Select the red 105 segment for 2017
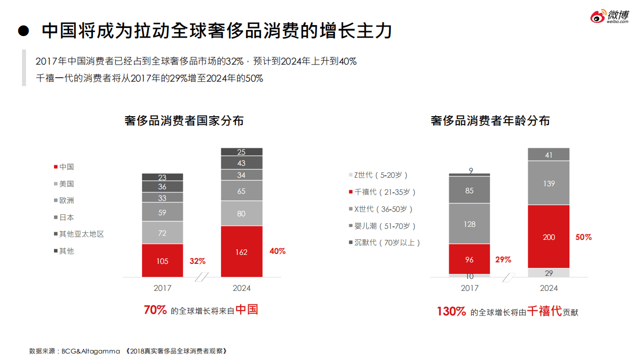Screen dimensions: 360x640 [163, 261]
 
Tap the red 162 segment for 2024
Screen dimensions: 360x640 [242, 252]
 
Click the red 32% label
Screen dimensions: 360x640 [197, 261]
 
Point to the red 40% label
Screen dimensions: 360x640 [277, 251]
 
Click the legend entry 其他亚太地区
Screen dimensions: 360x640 [81, 234]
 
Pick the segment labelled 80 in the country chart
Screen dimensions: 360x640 [242, 213]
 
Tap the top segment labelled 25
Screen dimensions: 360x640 [242, 152]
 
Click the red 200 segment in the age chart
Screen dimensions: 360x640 [549, 237]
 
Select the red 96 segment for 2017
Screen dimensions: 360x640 [469, 259]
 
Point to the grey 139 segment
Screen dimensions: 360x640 [549, 183]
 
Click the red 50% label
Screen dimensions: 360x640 [583, 237]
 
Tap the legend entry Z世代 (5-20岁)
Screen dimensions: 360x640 [381, 175]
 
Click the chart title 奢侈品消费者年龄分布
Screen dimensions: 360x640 [490, 121]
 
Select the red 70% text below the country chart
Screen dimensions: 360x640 [155, 310]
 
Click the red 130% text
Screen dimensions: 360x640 [451, 311]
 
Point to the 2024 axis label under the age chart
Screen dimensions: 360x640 [549, 288]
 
